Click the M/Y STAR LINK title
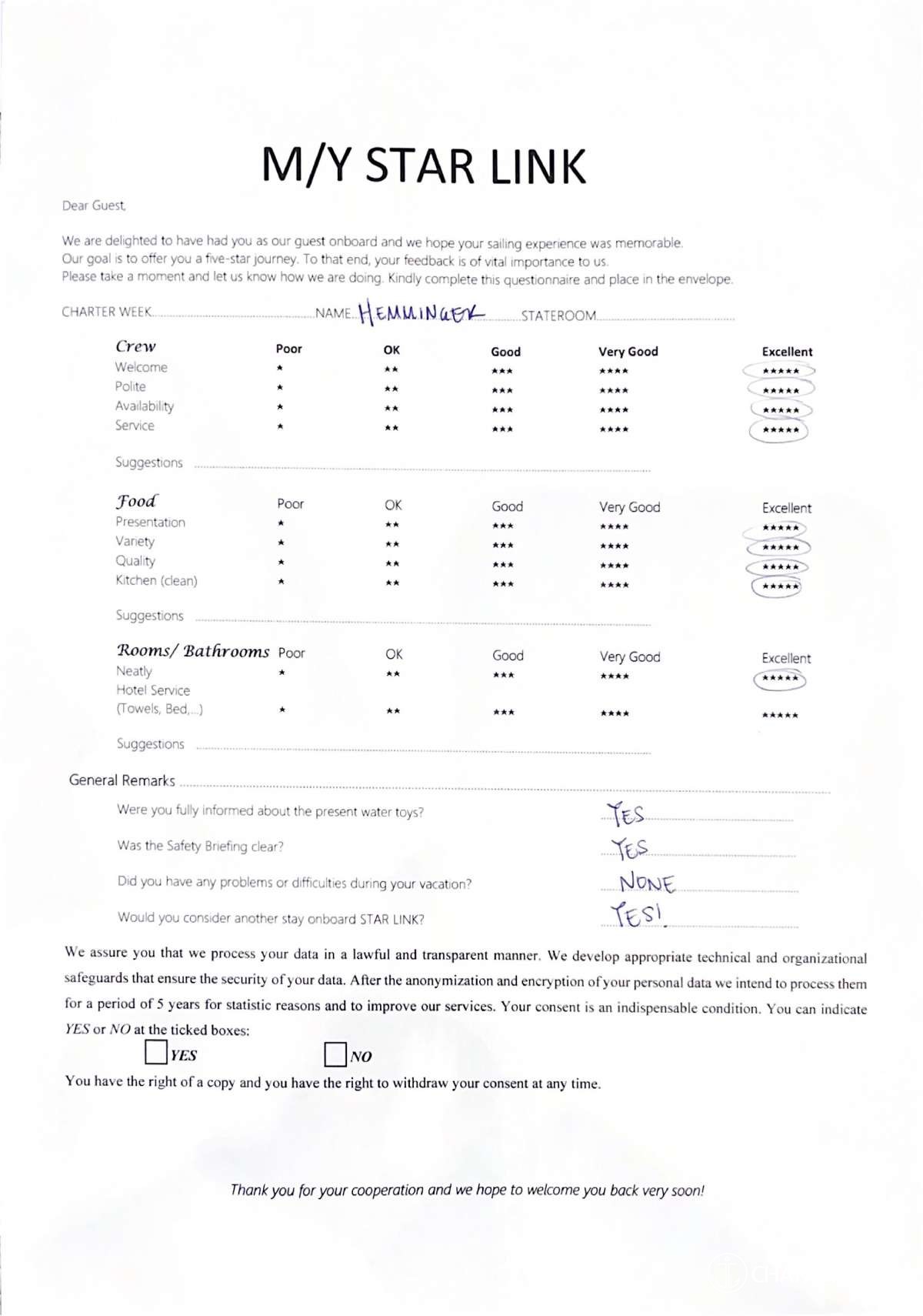click(424, 166)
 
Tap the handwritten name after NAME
click(422, 312)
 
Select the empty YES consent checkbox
click(156, 1052)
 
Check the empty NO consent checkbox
click(335, 1054)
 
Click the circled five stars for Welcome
click(780, 371)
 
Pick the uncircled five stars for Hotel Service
click(780, 715)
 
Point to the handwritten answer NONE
click(647, 882)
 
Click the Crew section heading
click(135, 346)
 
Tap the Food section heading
click(136, 501)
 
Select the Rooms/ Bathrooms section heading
click(192, 651)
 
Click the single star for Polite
click(280, 387)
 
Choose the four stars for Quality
click(614, 566)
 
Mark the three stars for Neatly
click(503, 675)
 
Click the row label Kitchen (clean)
click(156, 580)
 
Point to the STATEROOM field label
click(558, 316)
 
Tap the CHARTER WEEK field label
click(106, 312)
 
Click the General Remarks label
click(122, 780)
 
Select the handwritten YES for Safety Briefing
click(629, 848)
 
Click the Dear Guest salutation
click(94, 205)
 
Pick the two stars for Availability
click(392, 408)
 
